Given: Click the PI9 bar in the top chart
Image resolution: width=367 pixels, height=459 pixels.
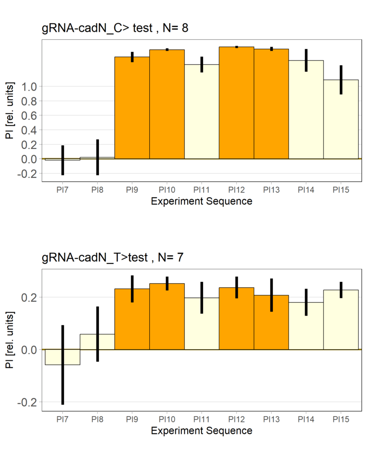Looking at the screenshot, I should [132, 108].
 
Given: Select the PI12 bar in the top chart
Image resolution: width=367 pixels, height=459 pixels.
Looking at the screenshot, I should [237, 103].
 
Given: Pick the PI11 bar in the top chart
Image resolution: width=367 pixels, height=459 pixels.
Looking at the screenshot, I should [202, 112].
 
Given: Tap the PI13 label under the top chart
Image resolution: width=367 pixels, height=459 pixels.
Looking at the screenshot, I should [272, 190].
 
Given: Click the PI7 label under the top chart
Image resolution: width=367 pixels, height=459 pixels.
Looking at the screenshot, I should [63, 190].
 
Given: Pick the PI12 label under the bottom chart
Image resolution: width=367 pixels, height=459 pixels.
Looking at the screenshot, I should [237, 420].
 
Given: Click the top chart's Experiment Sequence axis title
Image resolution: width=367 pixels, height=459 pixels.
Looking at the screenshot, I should [202, 201].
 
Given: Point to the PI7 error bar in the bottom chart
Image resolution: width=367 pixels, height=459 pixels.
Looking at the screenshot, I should [63, 365].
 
